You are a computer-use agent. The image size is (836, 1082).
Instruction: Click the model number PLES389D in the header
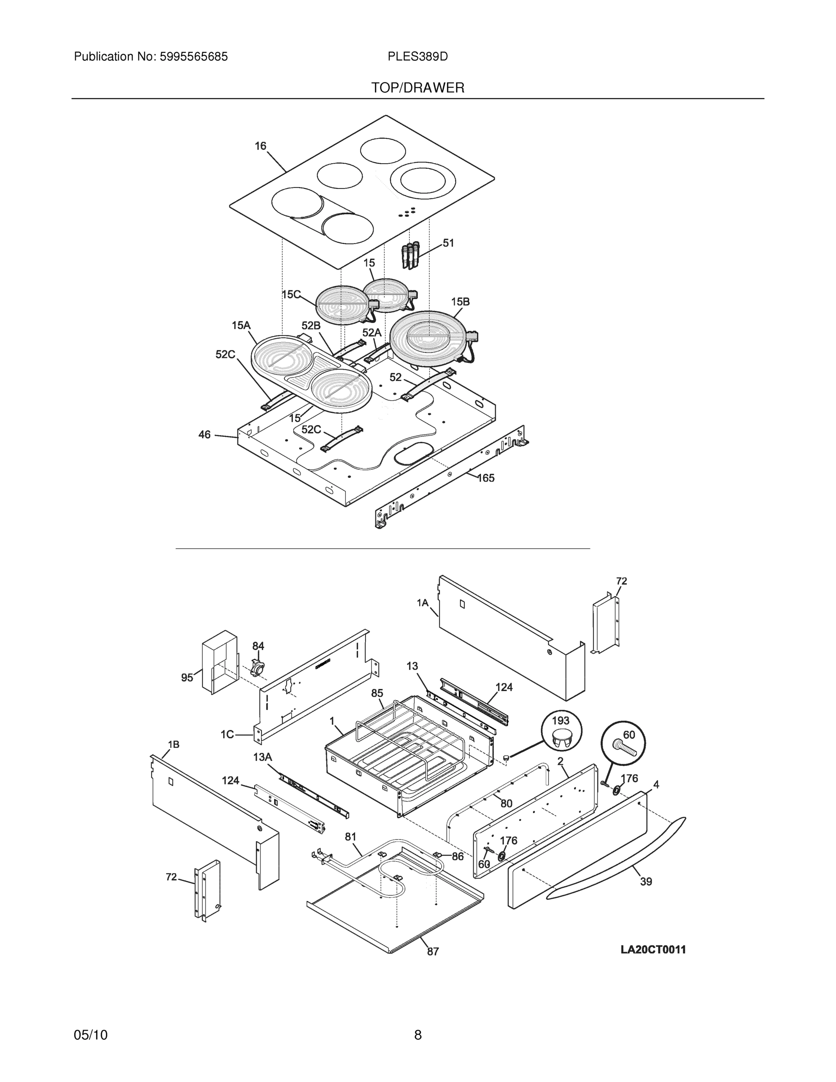point(417,56)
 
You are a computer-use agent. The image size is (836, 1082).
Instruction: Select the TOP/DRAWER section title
point(417,88)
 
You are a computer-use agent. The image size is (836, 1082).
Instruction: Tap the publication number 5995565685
point(194,56)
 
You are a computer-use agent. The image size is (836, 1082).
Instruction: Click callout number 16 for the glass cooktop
point(260,146)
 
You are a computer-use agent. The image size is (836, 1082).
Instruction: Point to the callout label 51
point(448,243)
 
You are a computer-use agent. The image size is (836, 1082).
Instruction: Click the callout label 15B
point(460,302)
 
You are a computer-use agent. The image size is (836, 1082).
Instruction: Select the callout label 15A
point(241,326)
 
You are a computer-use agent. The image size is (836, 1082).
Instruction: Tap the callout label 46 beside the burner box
point(205,435)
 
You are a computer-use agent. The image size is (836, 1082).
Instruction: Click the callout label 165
point(486,478)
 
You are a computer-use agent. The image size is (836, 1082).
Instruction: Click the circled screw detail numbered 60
point(623,743)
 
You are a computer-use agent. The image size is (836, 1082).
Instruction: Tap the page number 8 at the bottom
point(417,1035)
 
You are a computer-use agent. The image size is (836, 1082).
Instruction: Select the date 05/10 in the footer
point(91,1035)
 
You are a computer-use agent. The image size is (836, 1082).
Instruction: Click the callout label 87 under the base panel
point(433,952)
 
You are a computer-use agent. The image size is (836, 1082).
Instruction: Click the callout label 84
point(258,646)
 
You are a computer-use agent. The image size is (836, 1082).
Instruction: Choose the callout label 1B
point(174,745)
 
